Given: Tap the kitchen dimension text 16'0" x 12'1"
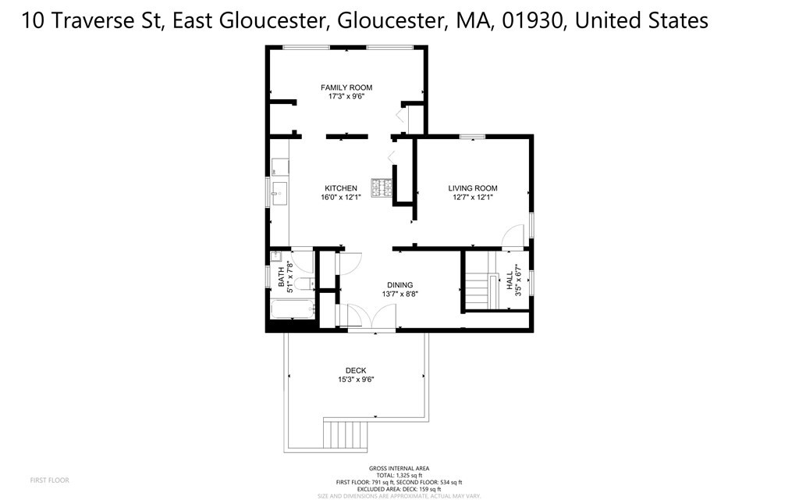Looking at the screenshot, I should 341,198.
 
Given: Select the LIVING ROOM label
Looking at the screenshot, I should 472,188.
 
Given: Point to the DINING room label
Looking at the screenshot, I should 399,285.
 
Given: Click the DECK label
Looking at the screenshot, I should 356,370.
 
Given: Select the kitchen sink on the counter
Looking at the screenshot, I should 279,191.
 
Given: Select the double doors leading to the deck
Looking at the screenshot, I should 371,317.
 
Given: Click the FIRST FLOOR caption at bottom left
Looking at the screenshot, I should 49,480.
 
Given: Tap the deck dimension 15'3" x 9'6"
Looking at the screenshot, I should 356,380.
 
